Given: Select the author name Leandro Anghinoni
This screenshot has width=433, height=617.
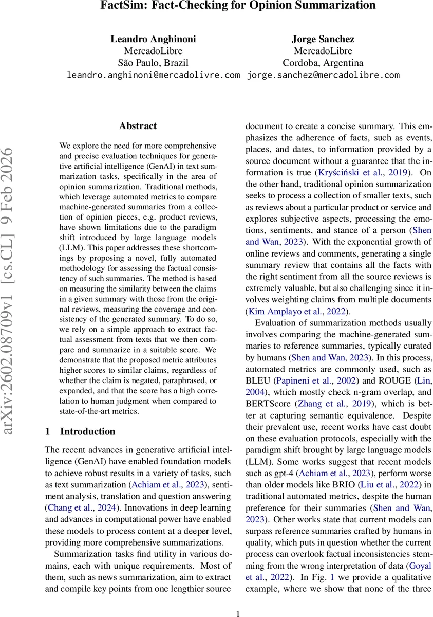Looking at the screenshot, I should click(x=153, y=39).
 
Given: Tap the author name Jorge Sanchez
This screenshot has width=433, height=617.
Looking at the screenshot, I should click(x=323, y=39).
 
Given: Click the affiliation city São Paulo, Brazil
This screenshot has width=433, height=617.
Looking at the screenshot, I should click(x=153, y=63).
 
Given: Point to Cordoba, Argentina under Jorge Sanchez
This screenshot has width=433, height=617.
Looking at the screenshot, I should click(x=323, y=63).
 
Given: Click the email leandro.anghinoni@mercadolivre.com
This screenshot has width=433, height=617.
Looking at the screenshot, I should click(x=153, y=75).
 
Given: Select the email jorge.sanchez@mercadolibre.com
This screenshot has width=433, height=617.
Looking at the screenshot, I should click(x=323, y=75).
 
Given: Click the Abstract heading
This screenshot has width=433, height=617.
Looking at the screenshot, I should click(x=138, y=126).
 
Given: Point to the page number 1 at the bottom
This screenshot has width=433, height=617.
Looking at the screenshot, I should click(x=237, y=613).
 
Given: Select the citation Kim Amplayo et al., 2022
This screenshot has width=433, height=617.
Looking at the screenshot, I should click(x=297, y=311).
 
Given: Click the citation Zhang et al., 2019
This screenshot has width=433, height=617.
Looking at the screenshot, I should click(x=318, y=405).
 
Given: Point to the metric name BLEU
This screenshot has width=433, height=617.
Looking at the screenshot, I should click(x=258, y=380).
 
